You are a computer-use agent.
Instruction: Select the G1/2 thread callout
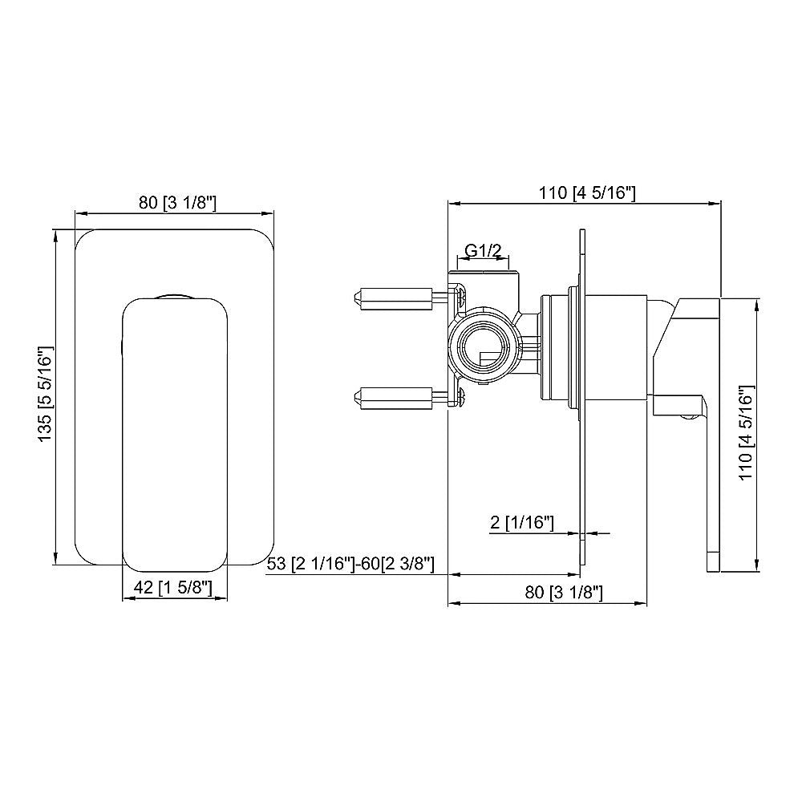(484, 251)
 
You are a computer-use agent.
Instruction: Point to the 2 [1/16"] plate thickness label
(522, 524)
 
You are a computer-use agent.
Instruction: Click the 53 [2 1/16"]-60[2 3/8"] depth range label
(350, 565)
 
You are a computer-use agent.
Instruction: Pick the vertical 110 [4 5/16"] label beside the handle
(746, 434)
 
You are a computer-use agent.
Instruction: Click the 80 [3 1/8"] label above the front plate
(173, 204)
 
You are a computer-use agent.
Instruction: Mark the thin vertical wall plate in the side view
(581, 401)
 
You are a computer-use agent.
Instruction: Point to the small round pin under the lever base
(688, 415)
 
